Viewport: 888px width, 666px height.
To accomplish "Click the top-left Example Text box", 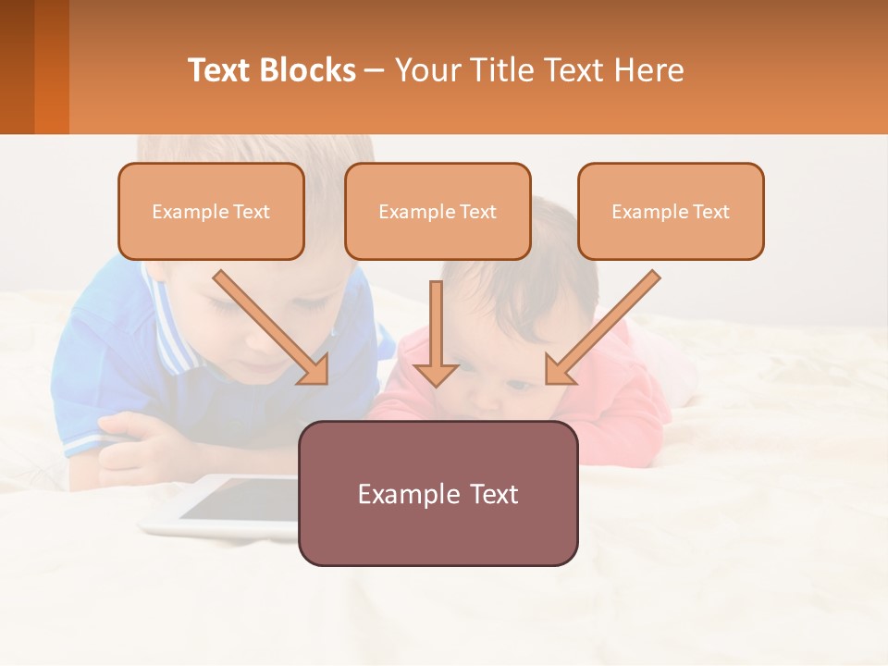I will pyautogui.click(x=211, y=212).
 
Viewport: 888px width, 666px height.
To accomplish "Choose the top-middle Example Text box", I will pyautogui.click(x=438, y=212).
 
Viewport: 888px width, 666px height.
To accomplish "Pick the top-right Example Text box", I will pyautogui.click(x=671, y=212).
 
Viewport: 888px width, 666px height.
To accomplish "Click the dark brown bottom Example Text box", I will pyautogui.click(x=438, y=494).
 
